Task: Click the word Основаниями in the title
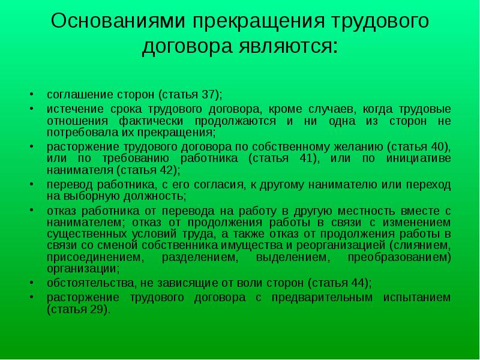pyautogui.click(x=118, y=21)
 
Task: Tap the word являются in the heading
pyautogui.click(x=284, y=46)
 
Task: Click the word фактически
pyautogui.click(x=151, y=121)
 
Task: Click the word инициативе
pyautogui.click(x=418, y=158)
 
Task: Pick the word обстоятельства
pyautogui.click(x=91, y=283)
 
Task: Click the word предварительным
pyautogui.click(x=322, y=298)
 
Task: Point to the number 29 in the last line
pyautogui.click(x=97, y=310)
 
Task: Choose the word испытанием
pyautogui.click(x=417, y=298)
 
